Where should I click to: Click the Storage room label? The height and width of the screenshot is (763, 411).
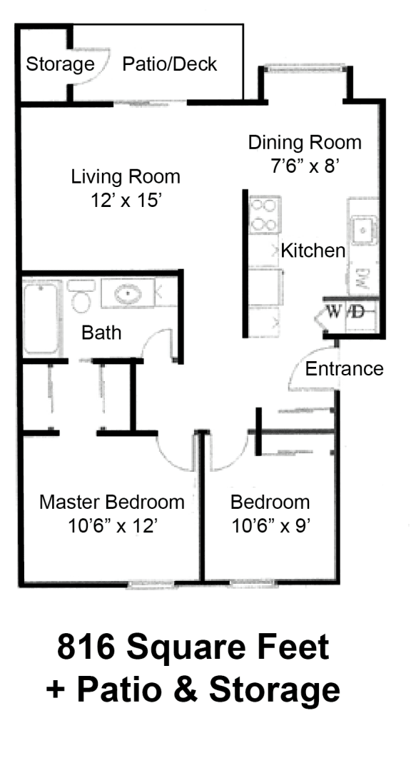[x=60, y=65]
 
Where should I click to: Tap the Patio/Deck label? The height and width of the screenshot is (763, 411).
[x=170, y=64]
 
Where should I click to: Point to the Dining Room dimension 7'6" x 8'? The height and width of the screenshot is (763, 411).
[x=304, y=166]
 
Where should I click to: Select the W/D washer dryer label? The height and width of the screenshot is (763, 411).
[x=346, y=312]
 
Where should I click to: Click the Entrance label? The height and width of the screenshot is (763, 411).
[x=345, y=369]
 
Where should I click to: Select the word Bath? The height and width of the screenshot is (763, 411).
[x=101, y=332]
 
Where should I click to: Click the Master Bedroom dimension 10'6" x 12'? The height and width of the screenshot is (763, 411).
[x=112, y=526]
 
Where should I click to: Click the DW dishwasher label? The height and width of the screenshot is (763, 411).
[x=361, y=277]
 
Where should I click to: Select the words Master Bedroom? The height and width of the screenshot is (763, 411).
[x=112, y=502]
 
